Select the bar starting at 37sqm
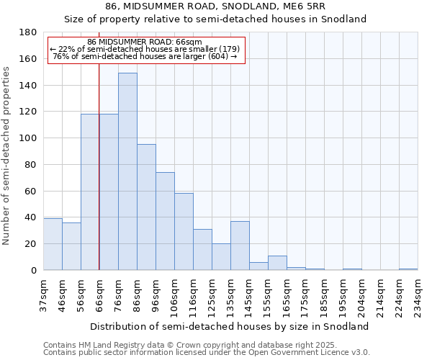pos(53,244)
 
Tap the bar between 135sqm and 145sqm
pos(240,246)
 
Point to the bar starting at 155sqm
pos(277,263)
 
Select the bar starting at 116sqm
pos(202,249)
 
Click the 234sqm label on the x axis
pos(418,294)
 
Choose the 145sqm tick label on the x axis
pos(249,294)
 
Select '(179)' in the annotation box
pos(225,49)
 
